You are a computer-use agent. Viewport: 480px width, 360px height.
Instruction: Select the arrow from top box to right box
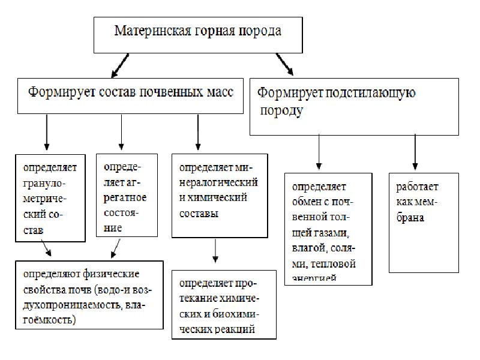click(284, 64)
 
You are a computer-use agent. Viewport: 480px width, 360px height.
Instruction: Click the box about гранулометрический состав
click(50, 197)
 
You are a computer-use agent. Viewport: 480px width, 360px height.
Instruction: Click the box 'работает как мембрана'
click(424, 222)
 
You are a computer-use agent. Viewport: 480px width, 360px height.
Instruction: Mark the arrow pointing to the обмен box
click(319, 150)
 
